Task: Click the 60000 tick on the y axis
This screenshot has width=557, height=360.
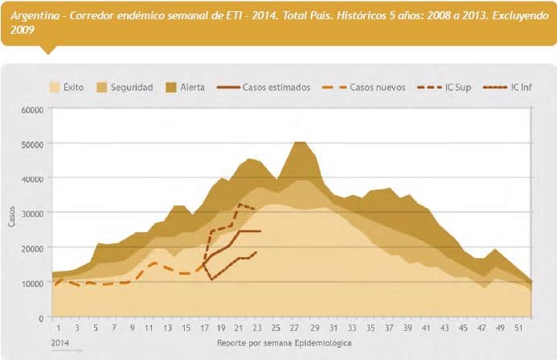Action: (31, 109)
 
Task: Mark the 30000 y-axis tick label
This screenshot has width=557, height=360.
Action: (31, 213)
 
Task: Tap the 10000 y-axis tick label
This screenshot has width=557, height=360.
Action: (31, 283)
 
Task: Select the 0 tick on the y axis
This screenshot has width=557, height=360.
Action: (40, 317)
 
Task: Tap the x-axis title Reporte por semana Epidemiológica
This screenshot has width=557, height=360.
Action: (284, 342)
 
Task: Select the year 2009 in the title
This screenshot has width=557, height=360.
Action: (24, 29)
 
